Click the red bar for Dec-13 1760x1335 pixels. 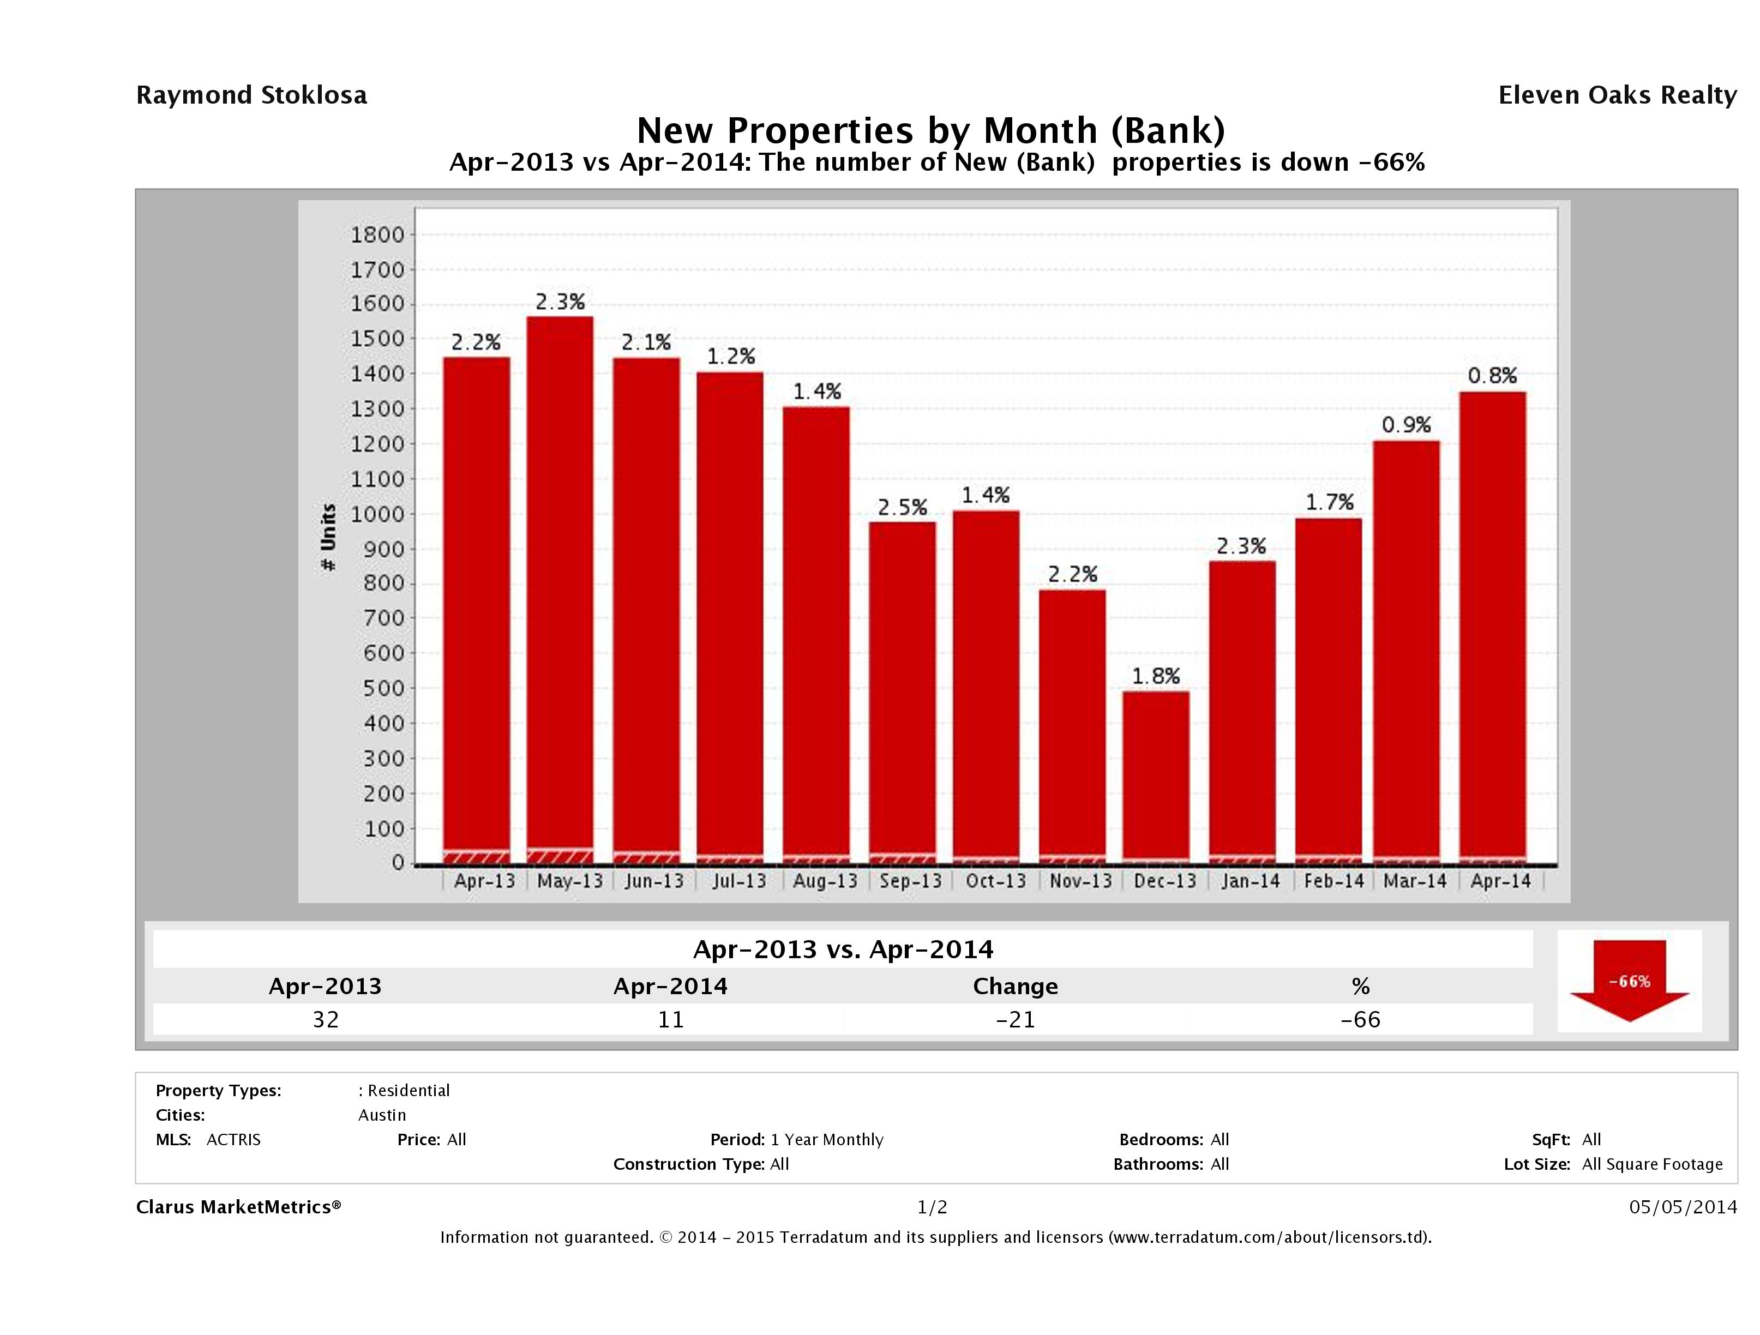1155,775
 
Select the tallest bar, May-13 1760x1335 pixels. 560,589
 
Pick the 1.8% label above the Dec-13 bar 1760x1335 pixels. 1155,676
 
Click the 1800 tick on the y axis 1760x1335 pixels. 377,234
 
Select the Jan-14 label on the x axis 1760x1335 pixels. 1250,881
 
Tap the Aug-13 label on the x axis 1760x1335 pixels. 825,881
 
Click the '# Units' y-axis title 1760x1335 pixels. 328,538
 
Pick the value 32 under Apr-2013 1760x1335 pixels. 326,1020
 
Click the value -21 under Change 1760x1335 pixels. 1016,1020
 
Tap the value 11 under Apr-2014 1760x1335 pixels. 671,1020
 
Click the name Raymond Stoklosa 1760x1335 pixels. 251,95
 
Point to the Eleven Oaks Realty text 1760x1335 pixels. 1617,95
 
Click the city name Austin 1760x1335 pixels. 382,1115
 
